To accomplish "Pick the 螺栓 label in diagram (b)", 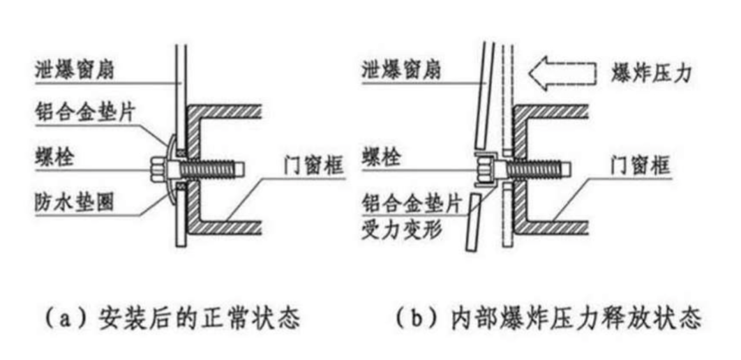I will (386, 157).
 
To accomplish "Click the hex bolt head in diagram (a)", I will (158, 168).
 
